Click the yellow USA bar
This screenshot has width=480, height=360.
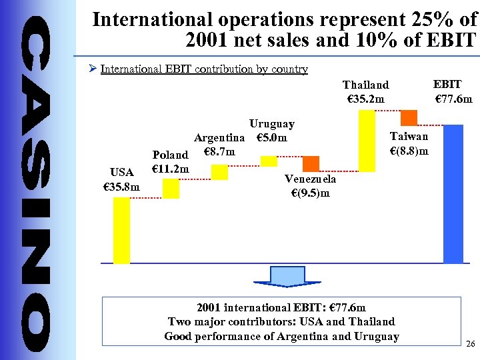(121, 230)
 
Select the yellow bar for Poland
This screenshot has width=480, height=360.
(171, 189)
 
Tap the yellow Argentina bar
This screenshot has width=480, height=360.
(219, 172)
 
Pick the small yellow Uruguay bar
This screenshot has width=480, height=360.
(269, 161)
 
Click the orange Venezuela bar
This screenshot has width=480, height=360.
(311, 164)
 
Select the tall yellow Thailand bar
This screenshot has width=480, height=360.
(367, 141)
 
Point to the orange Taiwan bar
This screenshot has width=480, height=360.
(409, 117)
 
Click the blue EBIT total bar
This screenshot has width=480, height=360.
(453, 193)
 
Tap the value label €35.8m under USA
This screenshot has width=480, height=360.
(121, 187)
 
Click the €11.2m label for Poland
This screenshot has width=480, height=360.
(171, 168)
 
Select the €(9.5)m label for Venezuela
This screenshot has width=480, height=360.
(310, 193)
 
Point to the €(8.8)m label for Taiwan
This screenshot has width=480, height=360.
(409, 151)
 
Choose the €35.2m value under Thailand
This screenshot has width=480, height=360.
(366, 99)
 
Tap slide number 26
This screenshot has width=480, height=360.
(471, 344)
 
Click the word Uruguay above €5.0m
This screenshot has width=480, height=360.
(271, 124)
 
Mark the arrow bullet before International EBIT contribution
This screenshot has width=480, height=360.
(93, 69)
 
